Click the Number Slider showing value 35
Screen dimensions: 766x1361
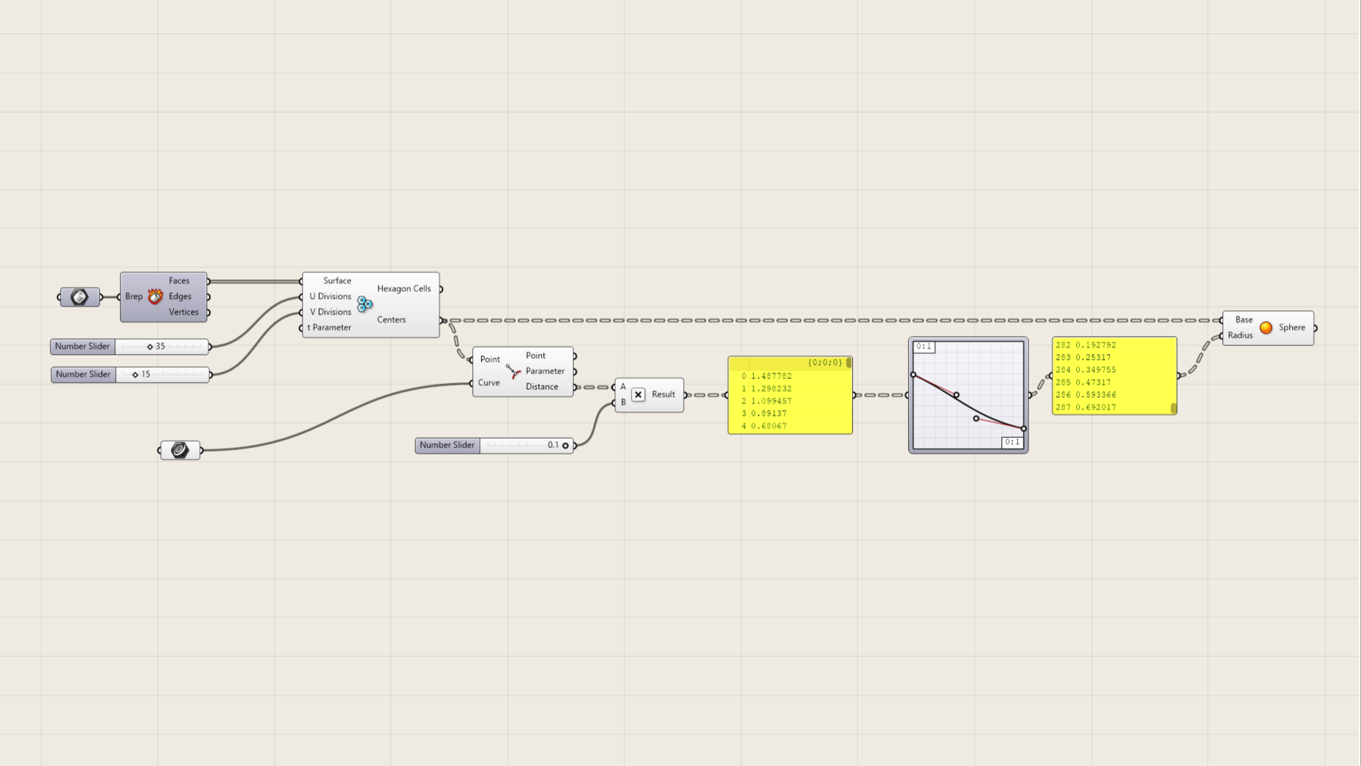(x=130, y=347)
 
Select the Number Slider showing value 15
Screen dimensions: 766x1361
(x=130, y=375)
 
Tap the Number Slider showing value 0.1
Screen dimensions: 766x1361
(x=495, y=446)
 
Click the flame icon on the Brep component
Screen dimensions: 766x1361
(x=155, y=296)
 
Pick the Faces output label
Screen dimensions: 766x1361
(x=179, y=281)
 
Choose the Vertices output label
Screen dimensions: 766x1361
(x=183, y=312)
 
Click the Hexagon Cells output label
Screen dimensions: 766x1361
(x=403, y=289)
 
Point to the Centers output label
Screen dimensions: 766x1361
(x=391, y=320)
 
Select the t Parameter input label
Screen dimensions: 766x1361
(x=329, y=328)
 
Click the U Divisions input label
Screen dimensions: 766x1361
(x=330, y=296)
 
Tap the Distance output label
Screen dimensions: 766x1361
(x=541, y=387)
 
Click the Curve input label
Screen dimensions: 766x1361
(x=489, y=383)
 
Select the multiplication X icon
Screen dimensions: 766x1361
(x=638, y=395)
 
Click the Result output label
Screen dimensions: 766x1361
(x=663, y=394)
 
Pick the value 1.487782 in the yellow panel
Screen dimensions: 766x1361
(x=771, y=376)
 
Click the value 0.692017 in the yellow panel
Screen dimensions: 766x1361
(x=1095, y=408)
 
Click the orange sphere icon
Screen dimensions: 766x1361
(x=1266, y=328)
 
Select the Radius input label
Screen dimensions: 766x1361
(x=1240, y=335)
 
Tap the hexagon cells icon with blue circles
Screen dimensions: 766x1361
(x=365, y=304)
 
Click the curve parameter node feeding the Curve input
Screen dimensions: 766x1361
(x=180, y=450)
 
